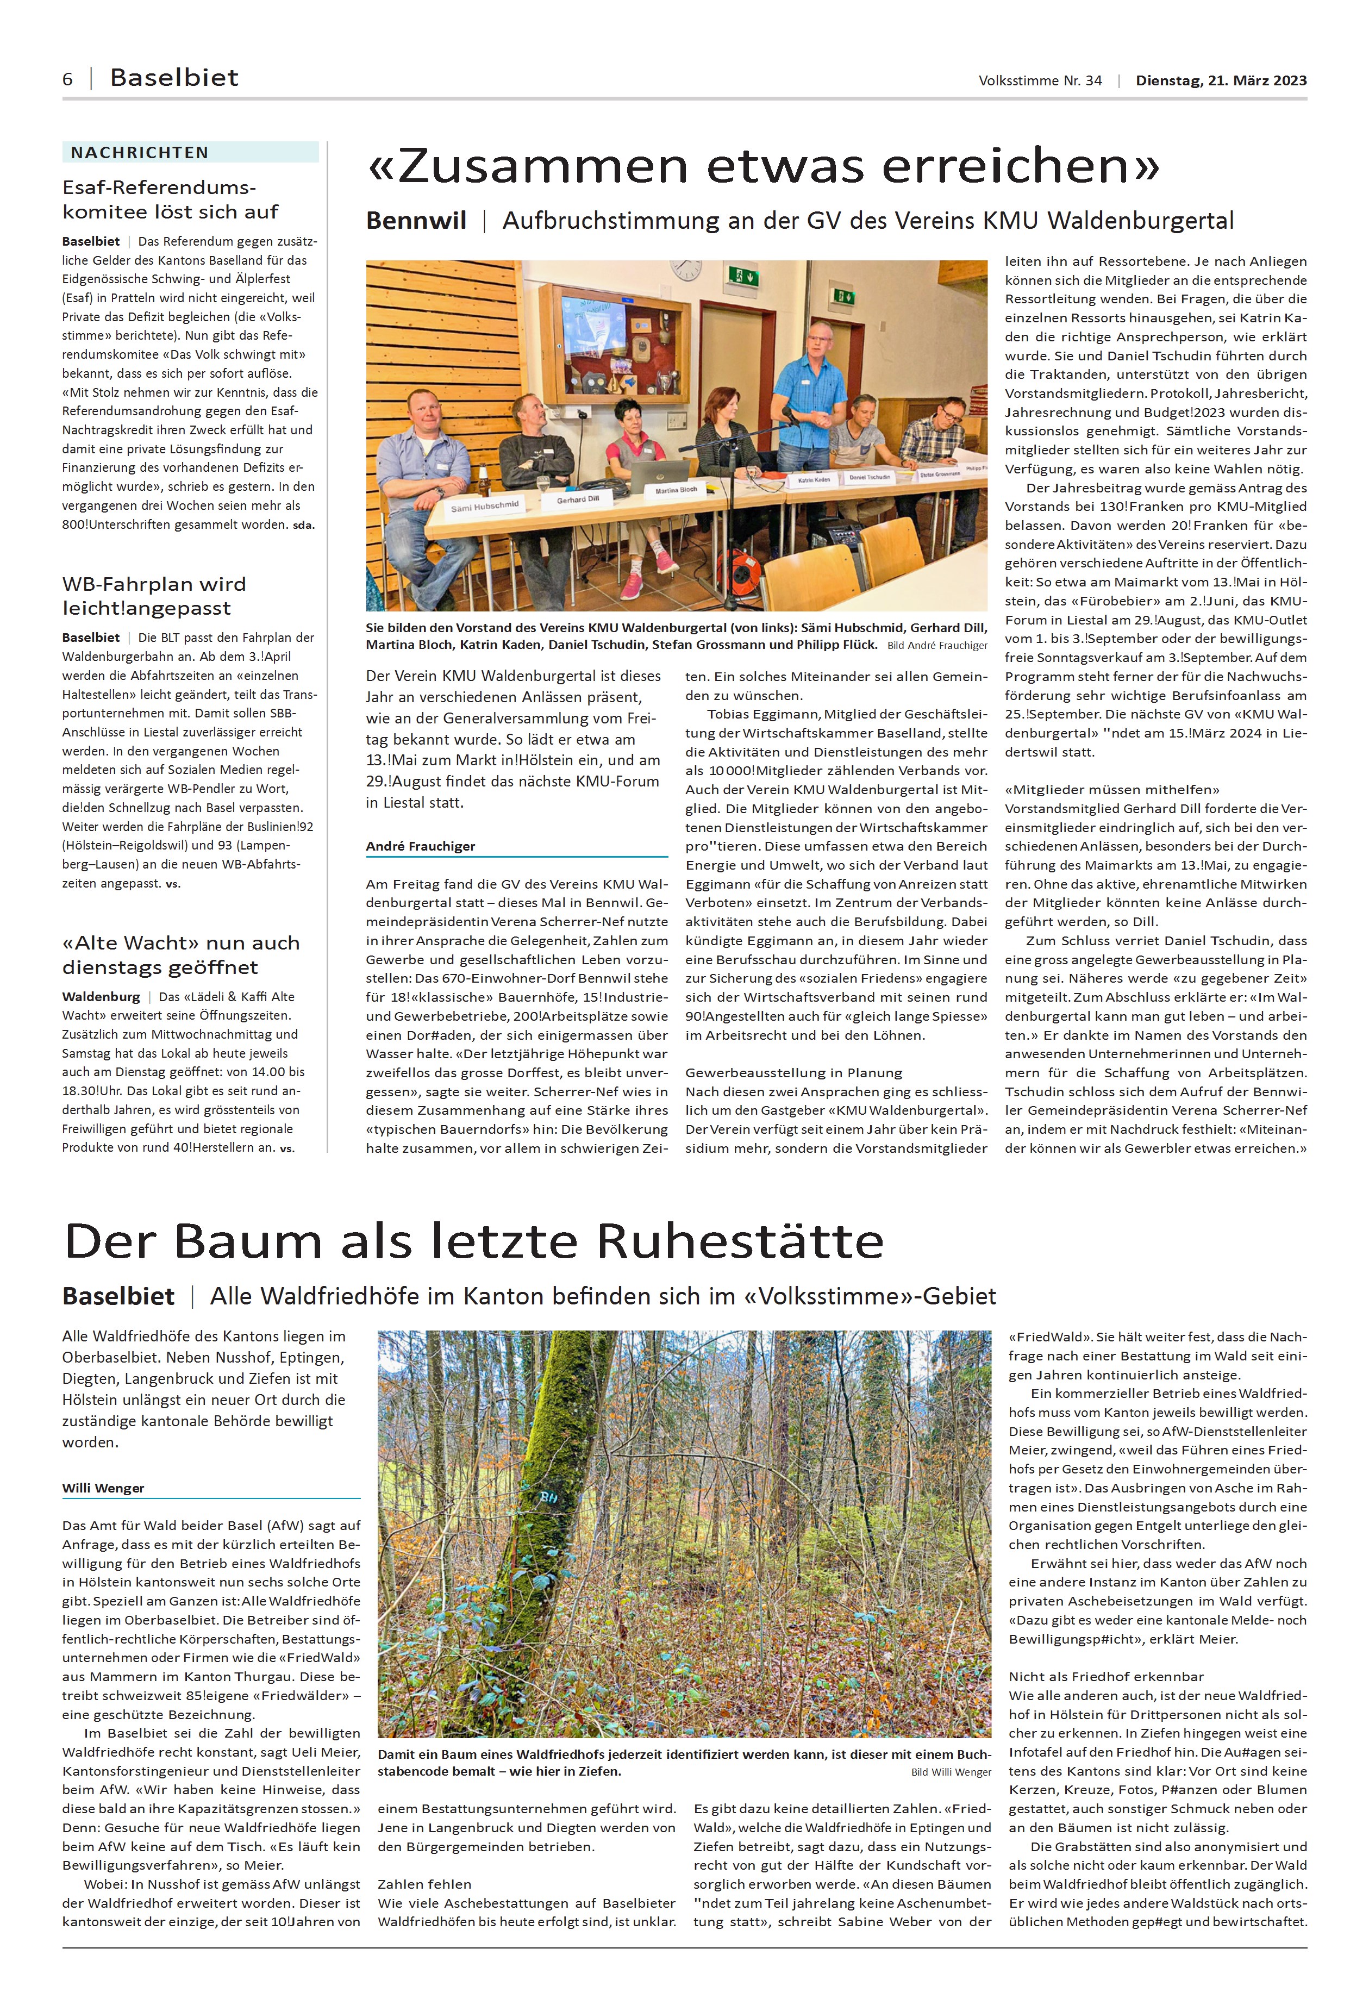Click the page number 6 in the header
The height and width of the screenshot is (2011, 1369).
coord(67,79)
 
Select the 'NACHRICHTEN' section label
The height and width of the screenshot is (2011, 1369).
coord(139,152)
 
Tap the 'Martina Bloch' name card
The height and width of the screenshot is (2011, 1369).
coord(676,490)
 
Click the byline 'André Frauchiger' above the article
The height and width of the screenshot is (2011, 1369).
coord(421,845)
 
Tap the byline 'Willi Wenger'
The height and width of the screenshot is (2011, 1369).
coord(103,1488)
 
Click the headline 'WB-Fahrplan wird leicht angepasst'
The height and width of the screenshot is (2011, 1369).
coord(154,595)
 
